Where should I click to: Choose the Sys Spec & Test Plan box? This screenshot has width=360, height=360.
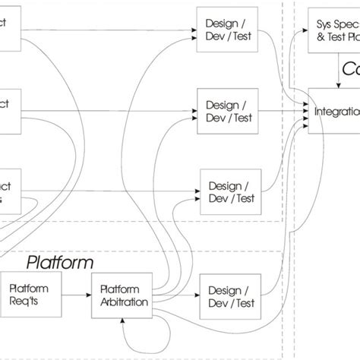pos(334,30)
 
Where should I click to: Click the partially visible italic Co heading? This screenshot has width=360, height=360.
pos(350,70)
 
